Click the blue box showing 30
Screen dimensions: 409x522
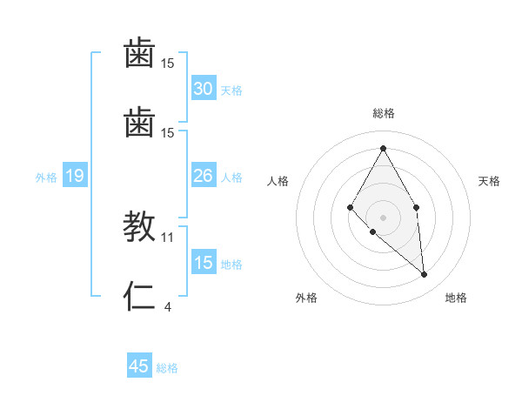204,89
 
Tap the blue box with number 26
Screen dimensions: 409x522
204,176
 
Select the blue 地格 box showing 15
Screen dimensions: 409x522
204,263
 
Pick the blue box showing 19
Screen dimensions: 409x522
75,177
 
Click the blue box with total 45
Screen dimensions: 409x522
139,366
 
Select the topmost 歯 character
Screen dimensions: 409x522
140,54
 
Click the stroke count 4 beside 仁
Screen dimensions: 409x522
167,306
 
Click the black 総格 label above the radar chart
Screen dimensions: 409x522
384,113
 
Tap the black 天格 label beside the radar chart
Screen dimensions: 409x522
489,181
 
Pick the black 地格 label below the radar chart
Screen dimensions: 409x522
456,298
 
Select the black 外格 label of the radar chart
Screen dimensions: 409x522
306,298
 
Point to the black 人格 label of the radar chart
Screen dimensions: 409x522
278,181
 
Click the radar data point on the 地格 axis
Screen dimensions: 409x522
425,275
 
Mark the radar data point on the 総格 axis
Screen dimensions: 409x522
383,148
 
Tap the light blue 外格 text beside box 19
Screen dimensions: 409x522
46,178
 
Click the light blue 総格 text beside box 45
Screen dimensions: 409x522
167,368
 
